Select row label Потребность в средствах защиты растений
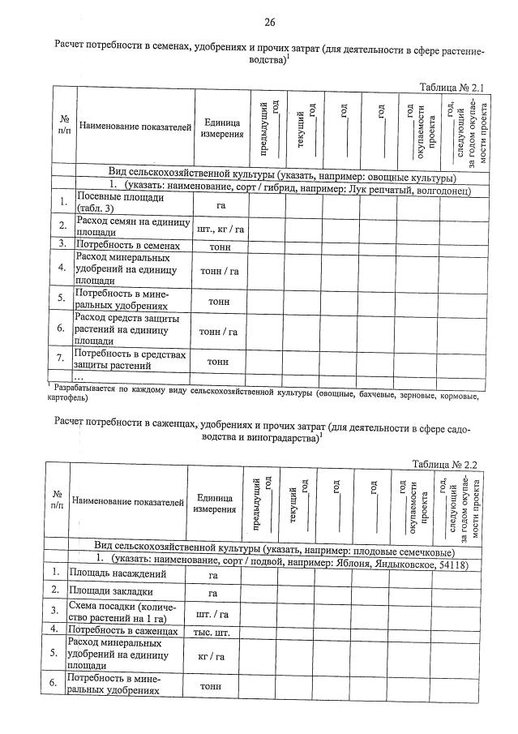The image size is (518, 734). (130, 358)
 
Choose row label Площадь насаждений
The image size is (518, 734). (118, 574)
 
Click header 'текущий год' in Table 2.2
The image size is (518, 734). (295, 502)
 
